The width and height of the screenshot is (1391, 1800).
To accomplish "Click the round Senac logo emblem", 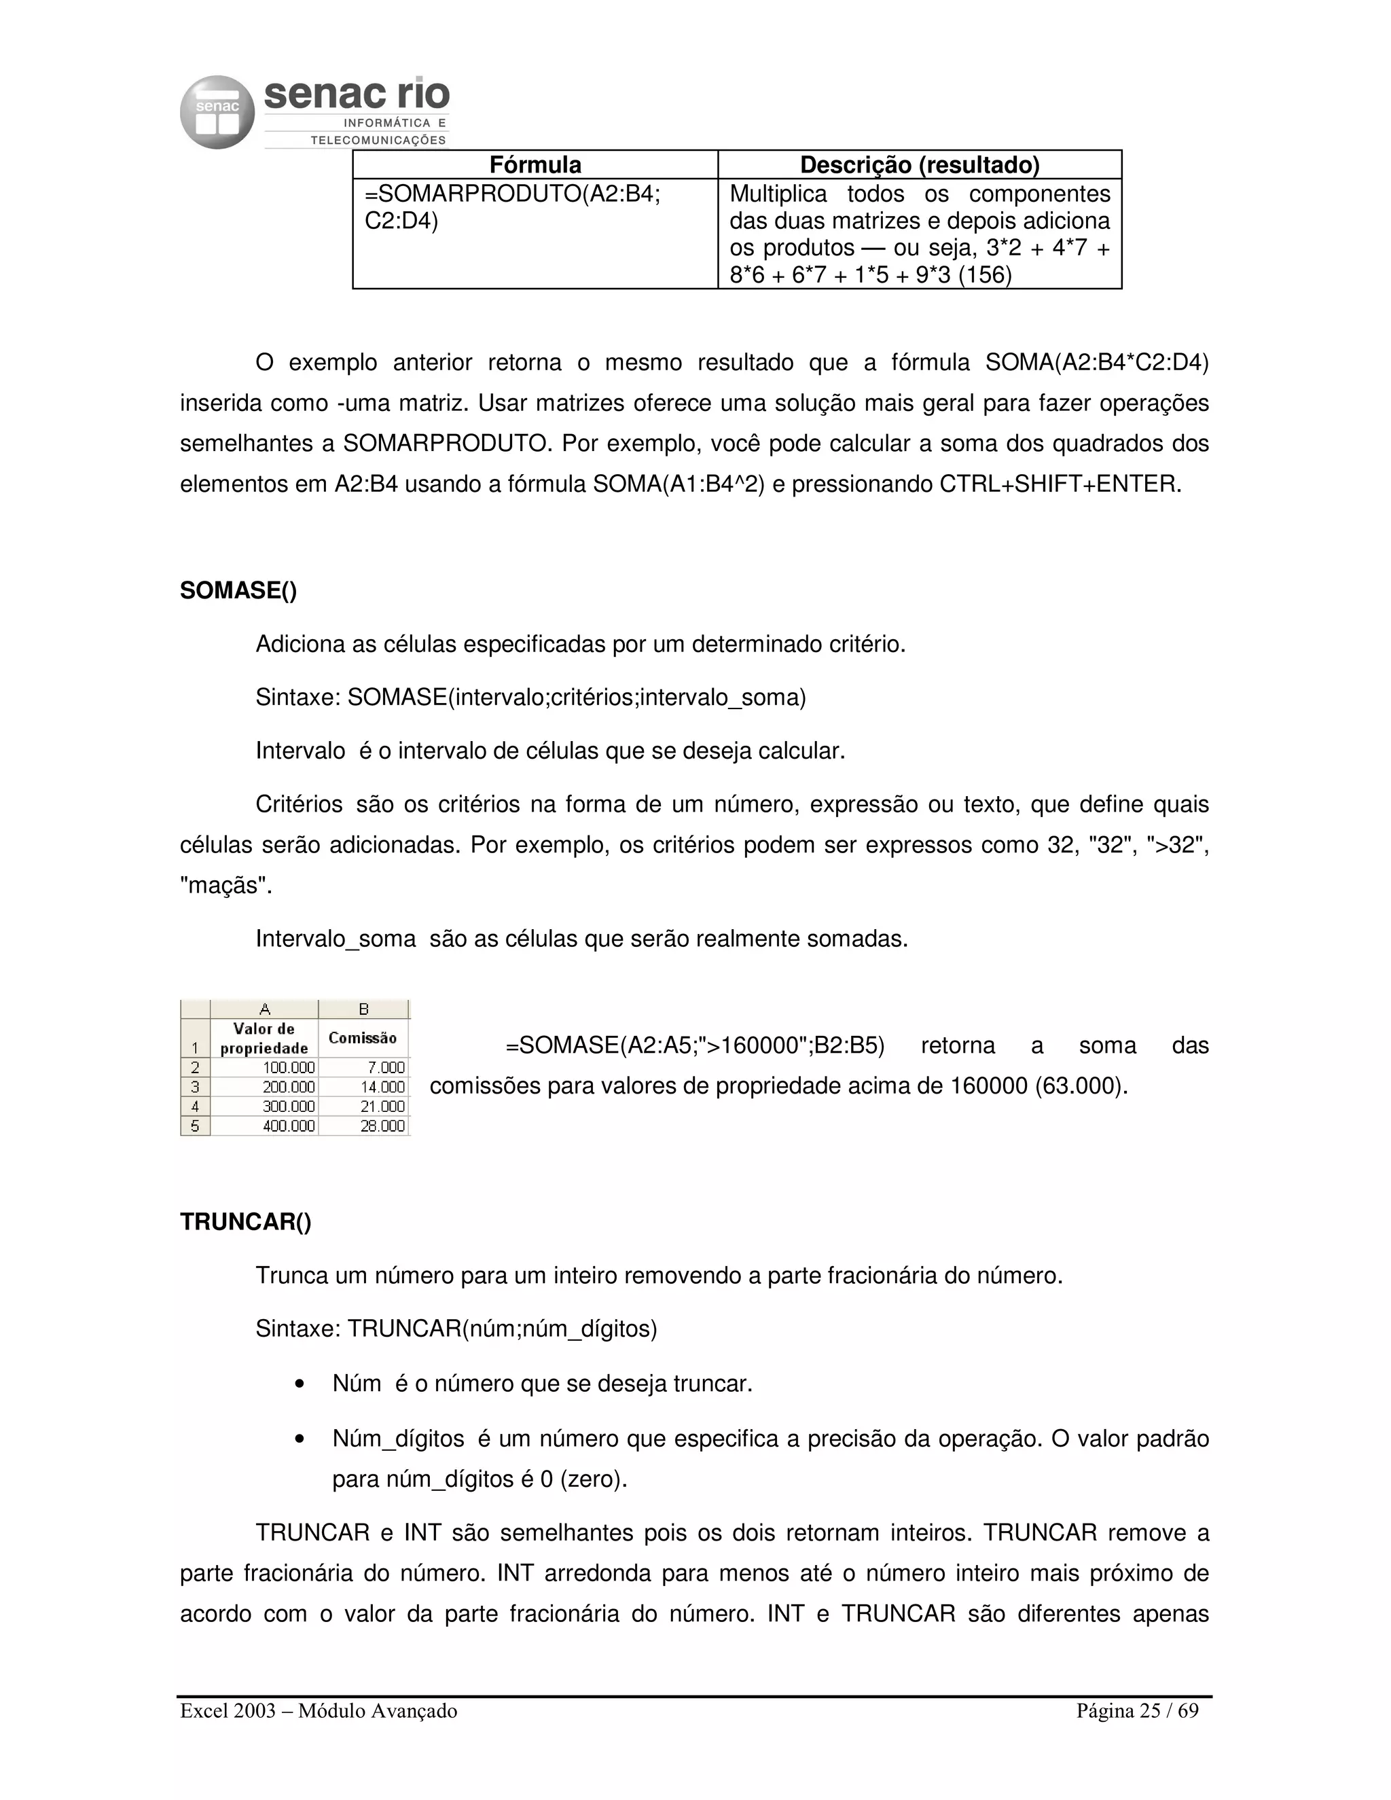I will pos(217,113).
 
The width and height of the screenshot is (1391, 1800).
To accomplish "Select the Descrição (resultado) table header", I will pos(919,165).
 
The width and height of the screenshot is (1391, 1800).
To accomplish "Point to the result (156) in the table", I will pos(985,274).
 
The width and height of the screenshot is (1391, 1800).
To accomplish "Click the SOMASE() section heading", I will pos(238,590).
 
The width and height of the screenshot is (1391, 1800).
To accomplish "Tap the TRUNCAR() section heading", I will pos(246,1221).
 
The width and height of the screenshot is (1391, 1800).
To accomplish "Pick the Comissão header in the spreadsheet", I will pos(363,1039).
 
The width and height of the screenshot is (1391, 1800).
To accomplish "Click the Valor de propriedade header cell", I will pos(264,1039).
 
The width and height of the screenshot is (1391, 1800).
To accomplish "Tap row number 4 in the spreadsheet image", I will pos(196,1106).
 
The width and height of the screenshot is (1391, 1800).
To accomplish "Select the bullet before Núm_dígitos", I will pos(300,1440).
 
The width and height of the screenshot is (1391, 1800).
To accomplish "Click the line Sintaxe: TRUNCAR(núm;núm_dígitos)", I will pos(456,1329).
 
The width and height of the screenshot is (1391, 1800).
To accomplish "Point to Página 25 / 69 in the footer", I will pos(1137,1711).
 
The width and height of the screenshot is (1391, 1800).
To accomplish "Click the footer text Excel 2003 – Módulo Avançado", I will pos(318,1711).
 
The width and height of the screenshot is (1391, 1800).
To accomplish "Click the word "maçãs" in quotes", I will pos(225,885).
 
